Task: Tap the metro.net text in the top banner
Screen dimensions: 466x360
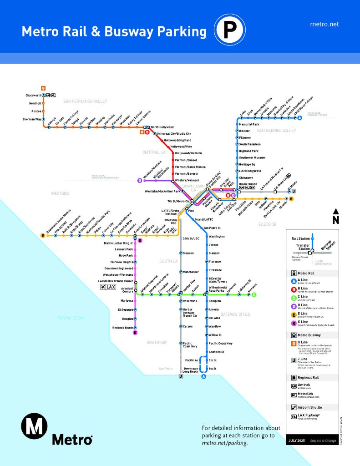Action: [324, 24]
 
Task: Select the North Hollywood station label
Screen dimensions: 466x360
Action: [162, 127]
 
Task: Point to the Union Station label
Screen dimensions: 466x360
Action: [248, 184]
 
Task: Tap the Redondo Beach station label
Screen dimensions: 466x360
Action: [122, 328]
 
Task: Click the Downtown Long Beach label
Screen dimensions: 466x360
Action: [191, 370]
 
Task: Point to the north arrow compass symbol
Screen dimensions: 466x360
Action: [335, 216]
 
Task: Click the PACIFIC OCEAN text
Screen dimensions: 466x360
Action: [71, 318]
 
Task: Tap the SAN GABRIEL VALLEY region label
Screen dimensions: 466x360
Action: [276, 131]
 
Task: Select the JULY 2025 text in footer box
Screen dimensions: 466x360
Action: [299, 441]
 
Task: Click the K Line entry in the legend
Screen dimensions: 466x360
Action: [302, 323]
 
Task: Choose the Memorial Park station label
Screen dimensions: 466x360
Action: [249, 124]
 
